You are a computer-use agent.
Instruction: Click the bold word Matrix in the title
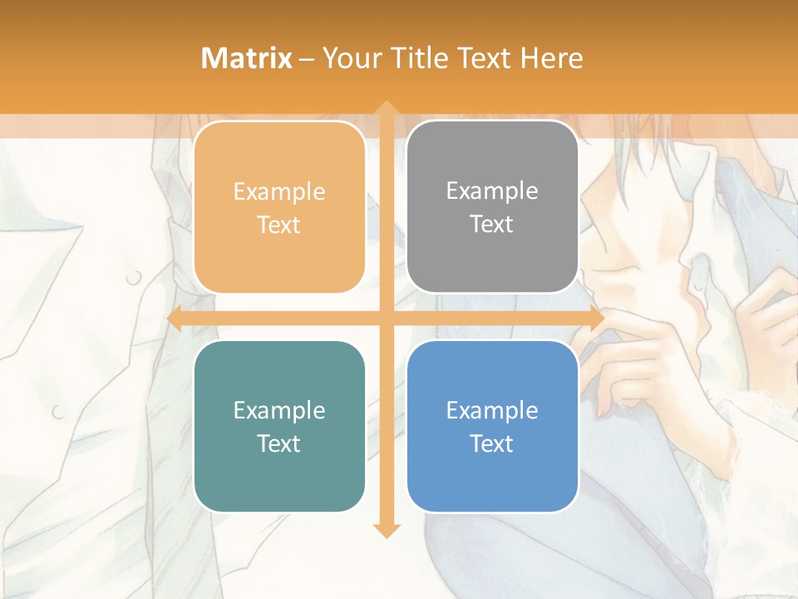coord(247,58)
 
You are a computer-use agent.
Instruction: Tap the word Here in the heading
coord(552,58)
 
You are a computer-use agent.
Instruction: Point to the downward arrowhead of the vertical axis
coord(386,531)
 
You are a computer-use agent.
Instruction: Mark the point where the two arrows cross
coord(386,319)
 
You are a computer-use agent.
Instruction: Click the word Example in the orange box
coord(279,192)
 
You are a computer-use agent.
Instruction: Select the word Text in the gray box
coord(492,225)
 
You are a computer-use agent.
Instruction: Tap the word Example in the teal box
coord(279,411)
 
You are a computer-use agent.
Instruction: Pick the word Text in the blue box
coord(492,444)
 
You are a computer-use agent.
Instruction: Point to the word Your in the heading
coord(350,58)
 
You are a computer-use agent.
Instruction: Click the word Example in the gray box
coord(492,191)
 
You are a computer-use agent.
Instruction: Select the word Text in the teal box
coord(279,444)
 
